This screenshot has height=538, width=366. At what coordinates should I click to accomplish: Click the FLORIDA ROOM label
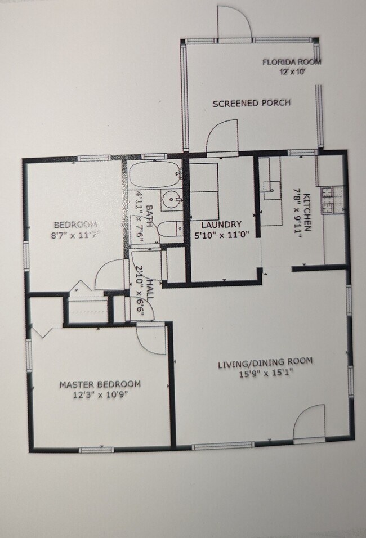tap(292, 62)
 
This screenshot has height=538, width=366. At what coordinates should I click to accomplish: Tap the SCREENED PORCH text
tap(251, 103)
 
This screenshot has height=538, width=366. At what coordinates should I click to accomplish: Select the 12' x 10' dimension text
tap(293, 72)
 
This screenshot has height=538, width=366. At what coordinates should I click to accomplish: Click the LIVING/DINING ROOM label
tap(265, 362)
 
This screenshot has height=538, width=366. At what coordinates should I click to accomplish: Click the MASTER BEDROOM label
tap(100, 384)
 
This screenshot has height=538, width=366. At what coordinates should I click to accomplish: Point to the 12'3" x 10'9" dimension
tap(100, 394)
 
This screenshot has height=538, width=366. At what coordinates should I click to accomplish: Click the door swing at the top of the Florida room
tap(233, 23)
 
